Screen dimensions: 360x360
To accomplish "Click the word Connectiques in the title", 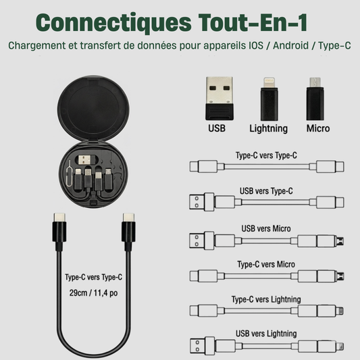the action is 113,23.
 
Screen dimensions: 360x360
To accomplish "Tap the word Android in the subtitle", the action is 290,45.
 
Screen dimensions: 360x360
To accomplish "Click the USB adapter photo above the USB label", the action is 220,99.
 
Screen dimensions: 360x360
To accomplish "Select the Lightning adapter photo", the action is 269,99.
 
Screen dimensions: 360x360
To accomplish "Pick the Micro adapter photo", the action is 315,99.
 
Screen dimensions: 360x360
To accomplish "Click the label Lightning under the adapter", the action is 268,128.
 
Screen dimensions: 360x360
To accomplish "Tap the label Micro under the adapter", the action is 318,128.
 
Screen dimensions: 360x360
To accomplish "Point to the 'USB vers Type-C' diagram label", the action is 266,191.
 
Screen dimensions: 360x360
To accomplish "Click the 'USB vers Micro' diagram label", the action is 266,229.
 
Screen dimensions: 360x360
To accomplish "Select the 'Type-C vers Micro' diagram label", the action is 266,264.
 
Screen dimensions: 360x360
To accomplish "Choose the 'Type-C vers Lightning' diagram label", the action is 266,300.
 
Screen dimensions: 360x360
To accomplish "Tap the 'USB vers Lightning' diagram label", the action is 266,334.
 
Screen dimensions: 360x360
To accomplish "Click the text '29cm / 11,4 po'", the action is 93,293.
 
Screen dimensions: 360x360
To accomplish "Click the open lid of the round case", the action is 93,109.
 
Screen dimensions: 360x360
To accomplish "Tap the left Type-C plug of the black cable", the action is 59,232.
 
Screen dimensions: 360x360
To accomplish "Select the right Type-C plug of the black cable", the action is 128,232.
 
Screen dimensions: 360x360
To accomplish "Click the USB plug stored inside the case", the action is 84,160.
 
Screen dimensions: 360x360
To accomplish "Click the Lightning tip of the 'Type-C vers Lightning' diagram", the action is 340,311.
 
